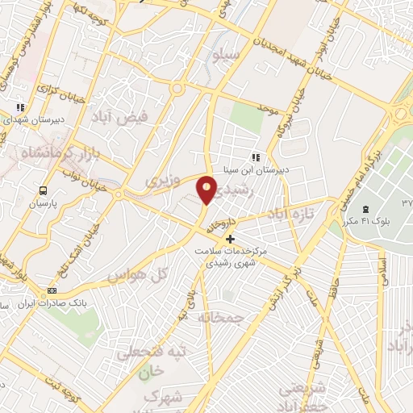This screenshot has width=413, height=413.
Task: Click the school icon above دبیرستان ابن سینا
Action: tap(255, 157)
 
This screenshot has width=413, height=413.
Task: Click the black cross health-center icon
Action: tap(231, 239)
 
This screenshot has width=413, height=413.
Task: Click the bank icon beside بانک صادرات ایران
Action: tap(53, 290)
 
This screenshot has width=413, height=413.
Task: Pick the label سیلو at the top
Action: tap(226, 54)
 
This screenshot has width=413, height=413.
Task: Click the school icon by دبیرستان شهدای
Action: tap(21, 106)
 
